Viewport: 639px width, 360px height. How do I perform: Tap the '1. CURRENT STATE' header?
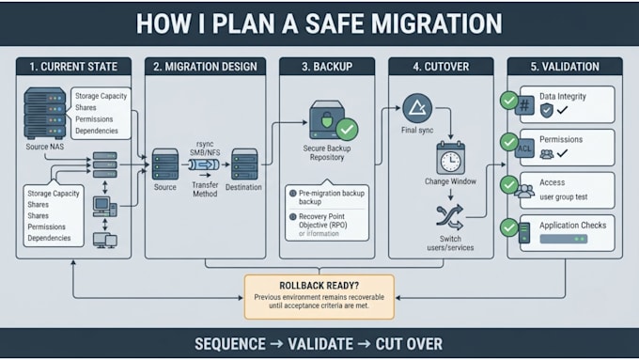tap(73, 67)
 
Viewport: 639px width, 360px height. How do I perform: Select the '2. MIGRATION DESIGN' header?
tap(205, 67)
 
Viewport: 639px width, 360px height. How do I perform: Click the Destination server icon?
tap(244, 164)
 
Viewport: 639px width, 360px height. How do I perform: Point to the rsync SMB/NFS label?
tap(205, 149)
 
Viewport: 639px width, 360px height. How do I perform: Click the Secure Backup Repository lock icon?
tap(327, 120)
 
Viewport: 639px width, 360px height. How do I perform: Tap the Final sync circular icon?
tap(417, 108)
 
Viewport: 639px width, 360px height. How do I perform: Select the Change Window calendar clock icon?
tap(450, 158)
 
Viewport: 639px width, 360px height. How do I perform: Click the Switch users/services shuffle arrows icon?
tap(449, 217)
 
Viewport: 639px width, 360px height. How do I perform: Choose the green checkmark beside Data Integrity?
tap(509, 101)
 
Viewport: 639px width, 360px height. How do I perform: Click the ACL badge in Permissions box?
tap(524, 149)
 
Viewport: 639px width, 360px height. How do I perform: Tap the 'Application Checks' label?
tap(572, 225)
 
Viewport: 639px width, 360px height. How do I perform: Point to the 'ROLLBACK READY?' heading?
tap(319, 286)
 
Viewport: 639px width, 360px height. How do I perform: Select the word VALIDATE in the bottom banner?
tap(320, 344)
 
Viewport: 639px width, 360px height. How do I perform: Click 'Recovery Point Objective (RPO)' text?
tap(322, 221)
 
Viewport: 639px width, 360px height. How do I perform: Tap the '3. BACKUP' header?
tap(327, 67)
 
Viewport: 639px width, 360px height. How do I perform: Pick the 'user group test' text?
tap(564, 197)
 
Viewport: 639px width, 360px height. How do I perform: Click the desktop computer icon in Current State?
tap(104, 206)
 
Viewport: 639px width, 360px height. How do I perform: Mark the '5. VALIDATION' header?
tap(565, 67)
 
